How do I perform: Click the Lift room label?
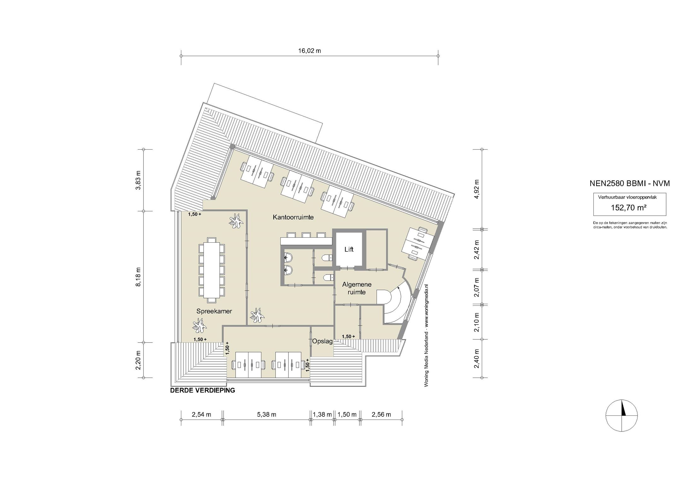pyautogui.click(x=349, y=250)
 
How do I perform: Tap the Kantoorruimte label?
pyautogui.click(x=293, y=217)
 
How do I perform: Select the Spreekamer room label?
pyautogui.click(x=214, y=311)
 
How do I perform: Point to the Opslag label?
pyautogui.click(x=322, y=341)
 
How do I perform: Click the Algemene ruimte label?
pyautogui.click(x=357, y=288)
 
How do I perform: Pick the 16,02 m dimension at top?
pyautogui.click(x=309, y=50)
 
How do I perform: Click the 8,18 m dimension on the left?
pyautogui.click(x=138, y=277)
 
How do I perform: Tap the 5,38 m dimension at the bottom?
pyautogui.click(x=266, y=415)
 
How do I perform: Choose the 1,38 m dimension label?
pyautogui.click(x=322, y=415)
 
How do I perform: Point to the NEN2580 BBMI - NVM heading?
pyautogui.click(x=630, y=184)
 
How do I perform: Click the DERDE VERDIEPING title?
pyautogui.click(x=202, y=390)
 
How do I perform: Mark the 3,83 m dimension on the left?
pyautogui.click(x=138, y=180)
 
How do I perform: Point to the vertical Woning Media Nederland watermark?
pyautogui.click(x=426, y=335)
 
